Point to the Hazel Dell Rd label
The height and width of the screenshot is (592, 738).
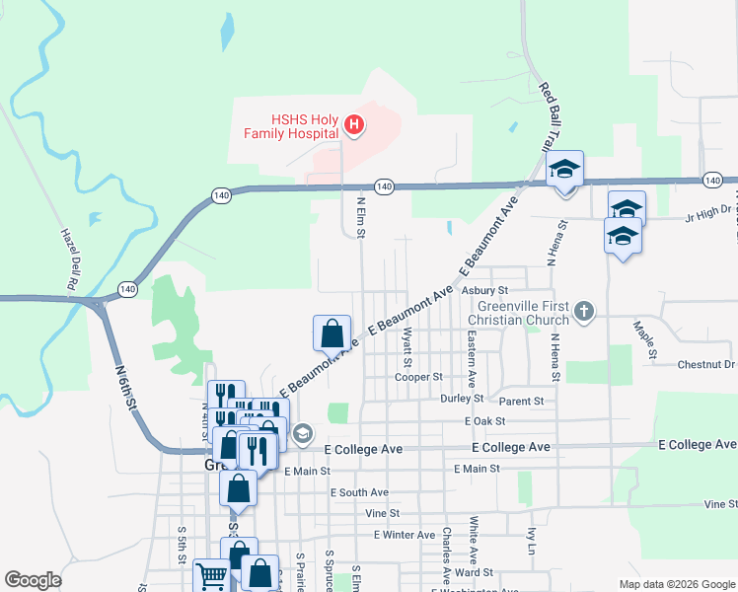(68, 259)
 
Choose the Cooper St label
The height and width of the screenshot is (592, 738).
(418, 377)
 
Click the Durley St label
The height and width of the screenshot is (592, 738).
(463, 399)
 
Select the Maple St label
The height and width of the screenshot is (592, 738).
(645, 338)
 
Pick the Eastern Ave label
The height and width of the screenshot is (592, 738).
(473, 357)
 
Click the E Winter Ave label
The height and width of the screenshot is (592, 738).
(405, 535)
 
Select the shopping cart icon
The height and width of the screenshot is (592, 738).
(211, 574)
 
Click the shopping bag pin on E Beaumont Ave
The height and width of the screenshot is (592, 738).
(332, 332)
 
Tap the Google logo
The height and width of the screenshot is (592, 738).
(33, 580)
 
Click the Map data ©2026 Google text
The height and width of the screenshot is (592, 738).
(675, 584)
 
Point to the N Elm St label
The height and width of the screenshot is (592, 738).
(361, 214)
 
